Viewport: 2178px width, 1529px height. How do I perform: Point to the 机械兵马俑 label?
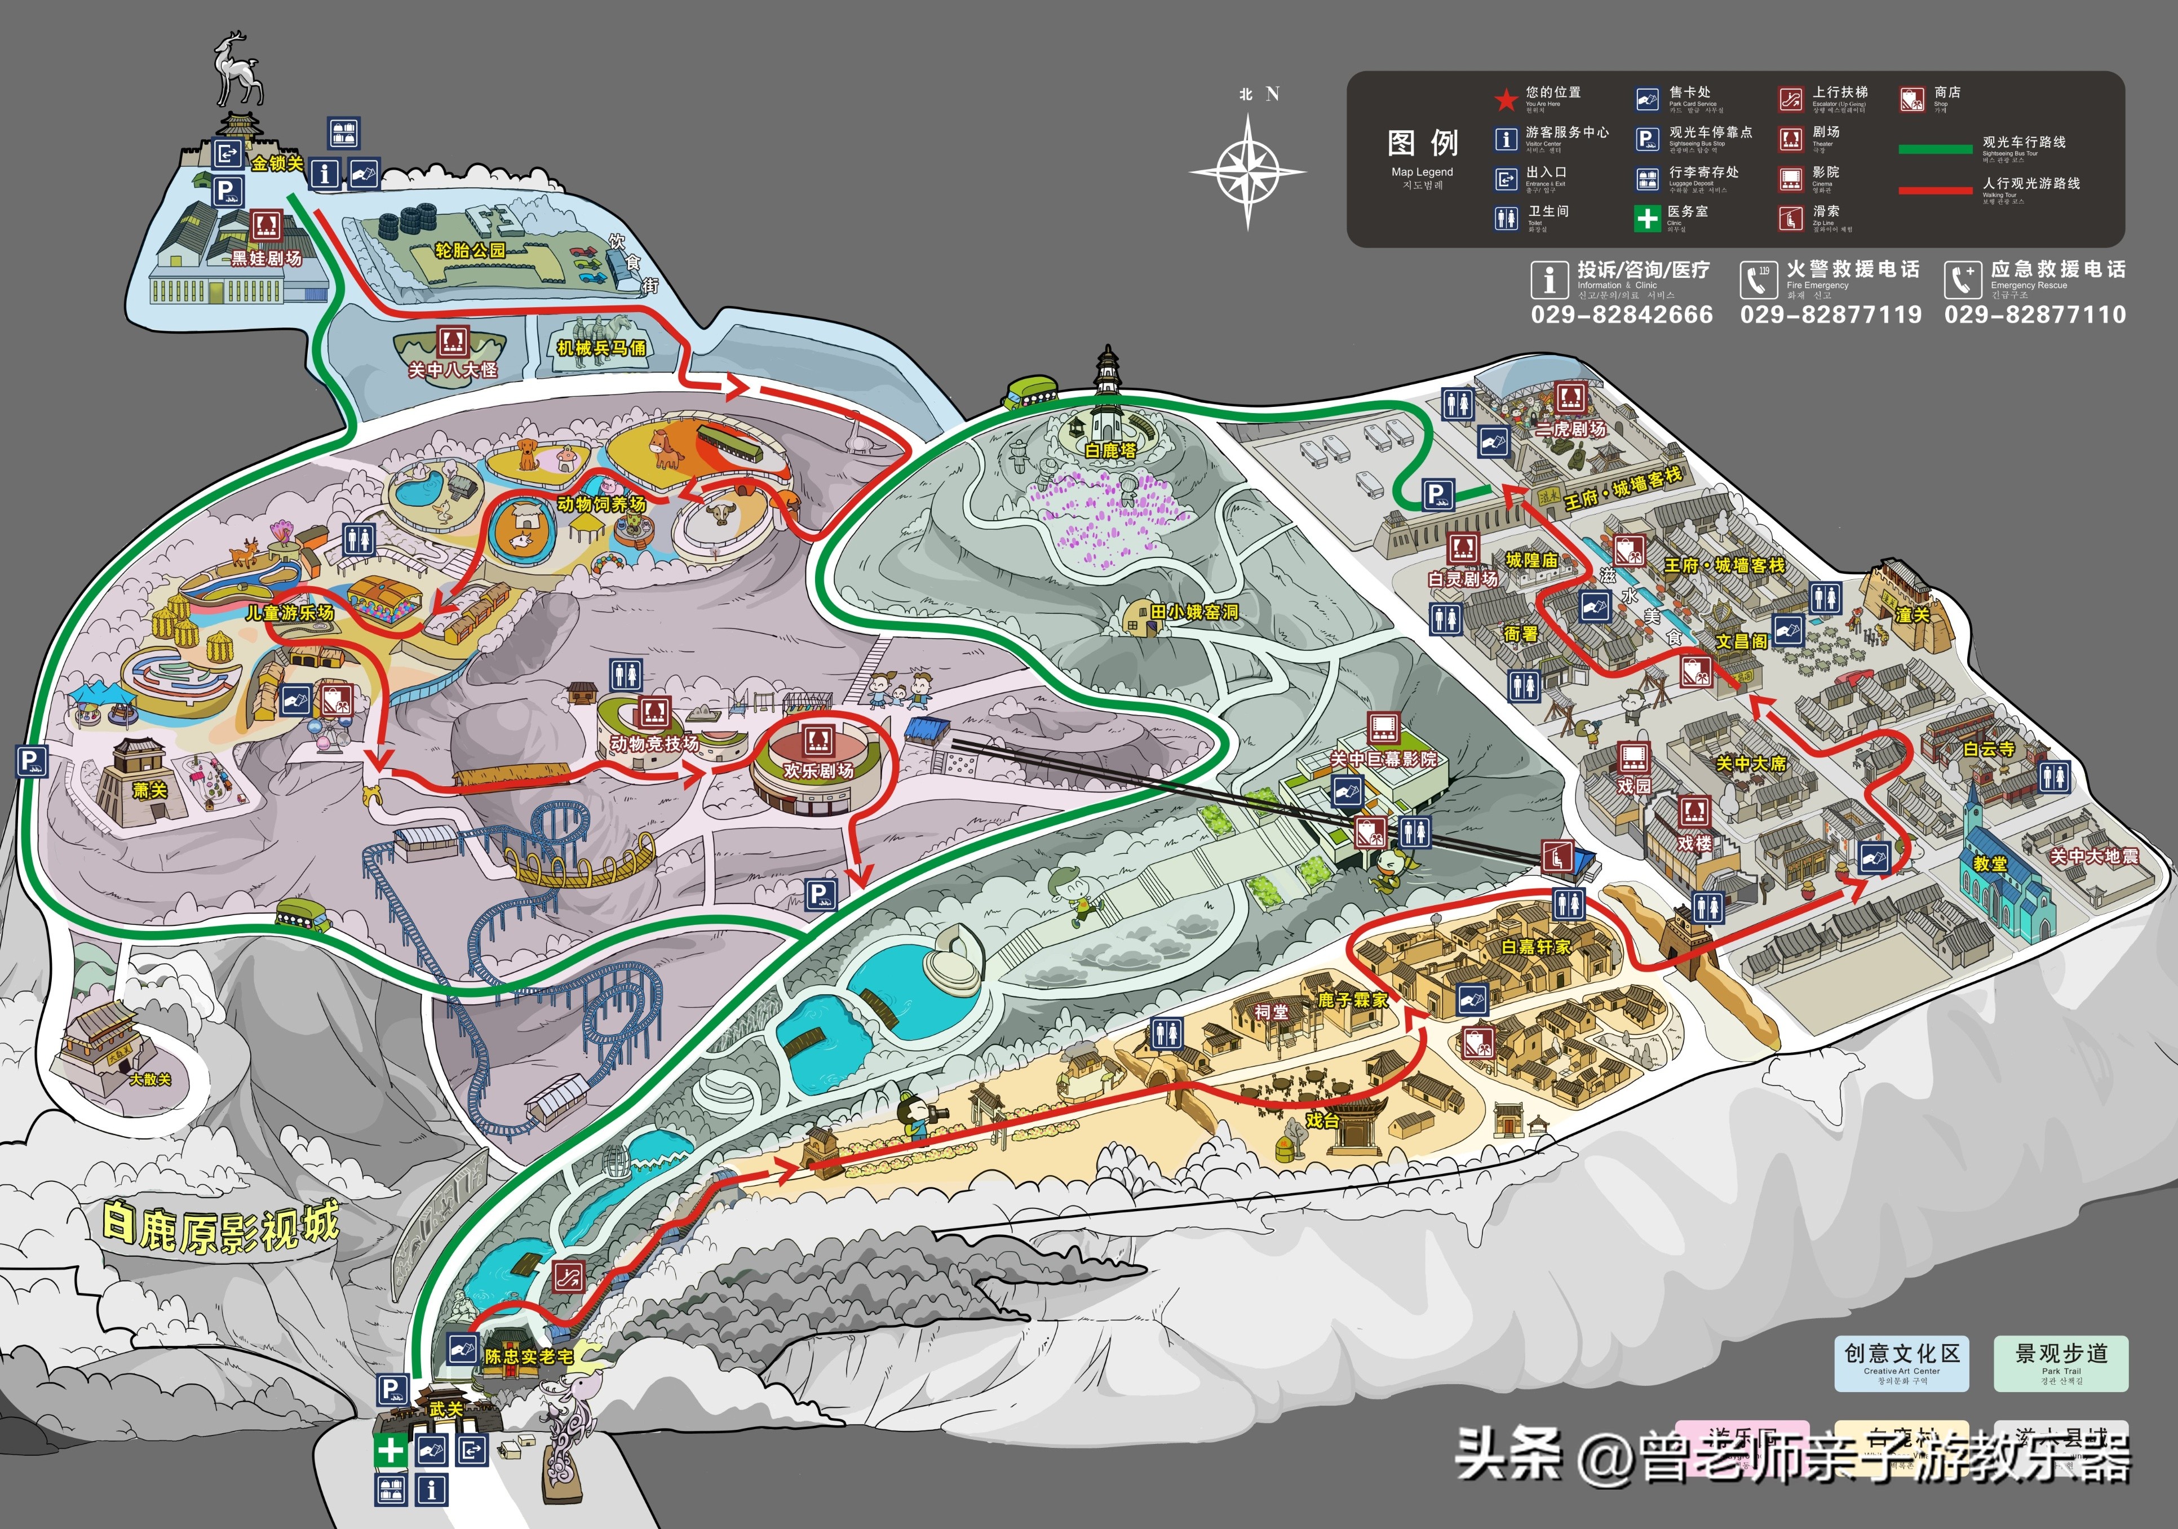pos(601,348)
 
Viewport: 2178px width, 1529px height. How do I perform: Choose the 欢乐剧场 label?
pos(818,770)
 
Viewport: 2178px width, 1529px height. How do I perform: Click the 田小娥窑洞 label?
pos(1194,613)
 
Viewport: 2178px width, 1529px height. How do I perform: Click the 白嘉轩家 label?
pos(1536,947)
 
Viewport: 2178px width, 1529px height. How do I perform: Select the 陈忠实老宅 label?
pos(528,1357)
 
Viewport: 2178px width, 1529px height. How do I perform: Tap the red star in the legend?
pos(1506,99)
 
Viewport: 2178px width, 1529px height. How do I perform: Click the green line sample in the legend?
pos(1935,149)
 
